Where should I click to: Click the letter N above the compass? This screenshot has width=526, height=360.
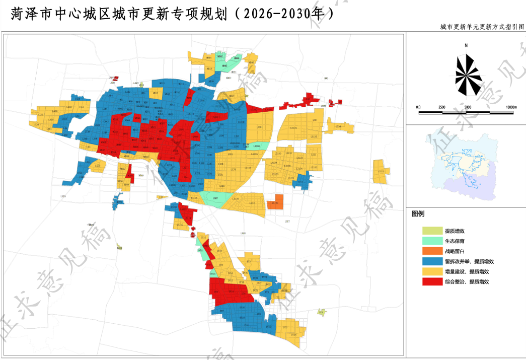[x=467, y=46]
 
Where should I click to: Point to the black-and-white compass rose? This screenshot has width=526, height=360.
[x=468, y=74]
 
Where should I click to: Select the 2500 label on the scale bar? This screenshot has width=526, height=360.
[x=442, y=107]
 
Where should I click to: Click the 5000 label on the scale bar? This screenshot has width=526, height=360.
[x=467, y=107]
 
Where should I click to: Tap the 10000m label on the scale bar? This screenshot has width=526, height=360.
[x=511, y=107]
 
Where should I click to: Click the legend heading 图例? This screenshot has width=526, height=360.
[x=418, y=214]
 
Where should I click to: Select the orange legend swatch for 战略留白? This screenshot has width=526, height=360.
[x=432, y=251]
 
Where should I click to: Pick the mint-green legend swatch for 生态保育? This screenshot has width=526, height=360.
[x=432, y=241]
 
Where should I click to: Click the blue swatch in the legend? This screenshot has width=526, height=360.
[x=432, y=261]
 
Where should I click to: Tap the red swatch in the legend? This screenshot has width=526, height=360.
[x=432, y=282]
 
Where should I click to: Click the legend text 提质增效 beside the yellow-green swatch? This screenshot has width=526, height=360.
[x=455, y=231]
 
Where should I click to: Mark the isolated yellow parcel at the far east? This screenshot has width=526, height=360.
[x=381, y=171]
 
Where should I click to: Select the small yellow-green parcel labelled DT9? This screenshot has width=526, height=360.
[x=321, y=313]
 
